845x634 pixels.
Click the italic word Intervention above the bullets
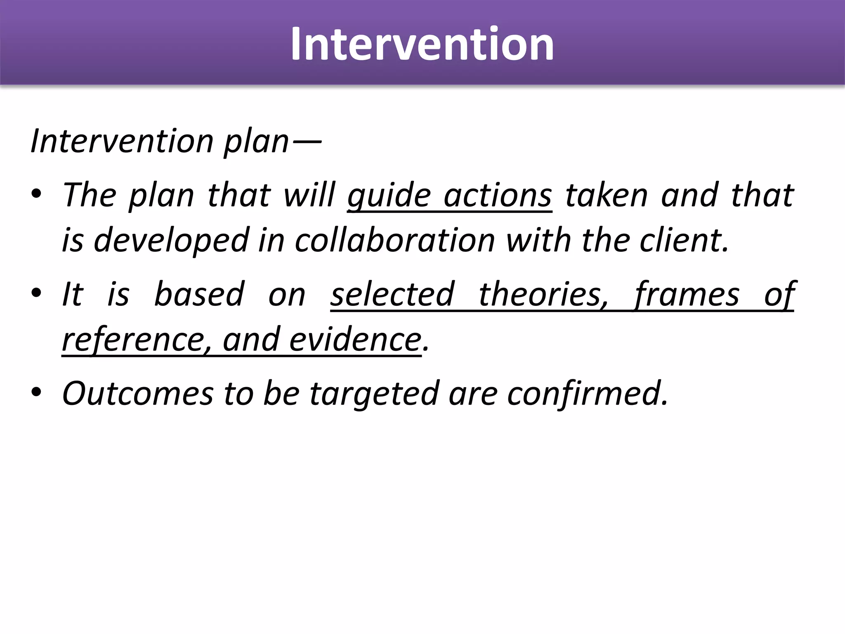122,141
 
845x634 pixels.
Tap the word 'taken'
607,196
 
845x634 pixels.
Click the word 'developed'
171,241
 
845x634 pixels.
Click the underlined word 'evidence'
355,340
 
